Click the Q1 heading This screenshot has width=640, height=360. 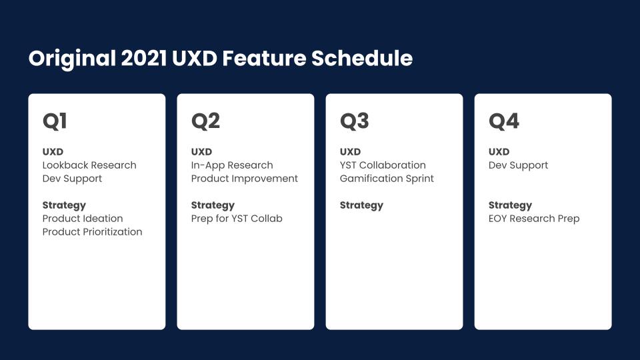click(55, 121)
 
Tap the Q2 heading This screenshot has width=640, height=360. click(206, 121)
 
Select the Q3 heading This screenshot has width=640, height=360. click(354, 121)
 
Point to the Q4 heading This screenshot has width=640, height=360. click(504, 121)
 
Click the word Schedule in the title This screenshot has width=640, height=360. click(362, 58)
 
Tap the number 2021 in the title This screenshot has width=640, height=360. click(144, 58)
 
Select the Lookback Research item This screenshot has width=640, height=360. click(89, 165)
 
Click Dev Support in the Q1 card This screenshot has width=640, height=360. click(72, 179)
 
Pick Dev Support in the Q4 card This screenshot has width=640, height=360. click(519, 165)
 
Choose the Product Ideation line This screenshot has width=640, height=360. click(83, 219)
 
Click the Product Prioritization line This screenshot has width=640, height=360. click(92, 232)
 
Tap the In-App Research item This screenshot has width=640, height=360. click(232, 165)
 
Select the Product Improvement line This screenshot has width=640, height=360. click(245, 179)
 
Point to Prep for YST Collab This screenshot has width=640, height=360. click(237, 219)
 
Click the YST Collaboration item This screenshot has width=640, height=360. click(383, 165)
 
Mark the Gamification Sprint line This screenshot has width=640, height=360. click(387, 179)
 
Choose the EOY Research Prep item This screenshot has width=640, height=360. click(534, 219)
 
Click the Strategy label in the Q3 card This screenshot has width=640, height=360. click(361, 205)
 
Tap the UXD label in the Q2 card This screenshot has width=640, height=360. click(201, 152)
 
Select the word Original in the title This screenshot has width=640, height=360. click(72, 59)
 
